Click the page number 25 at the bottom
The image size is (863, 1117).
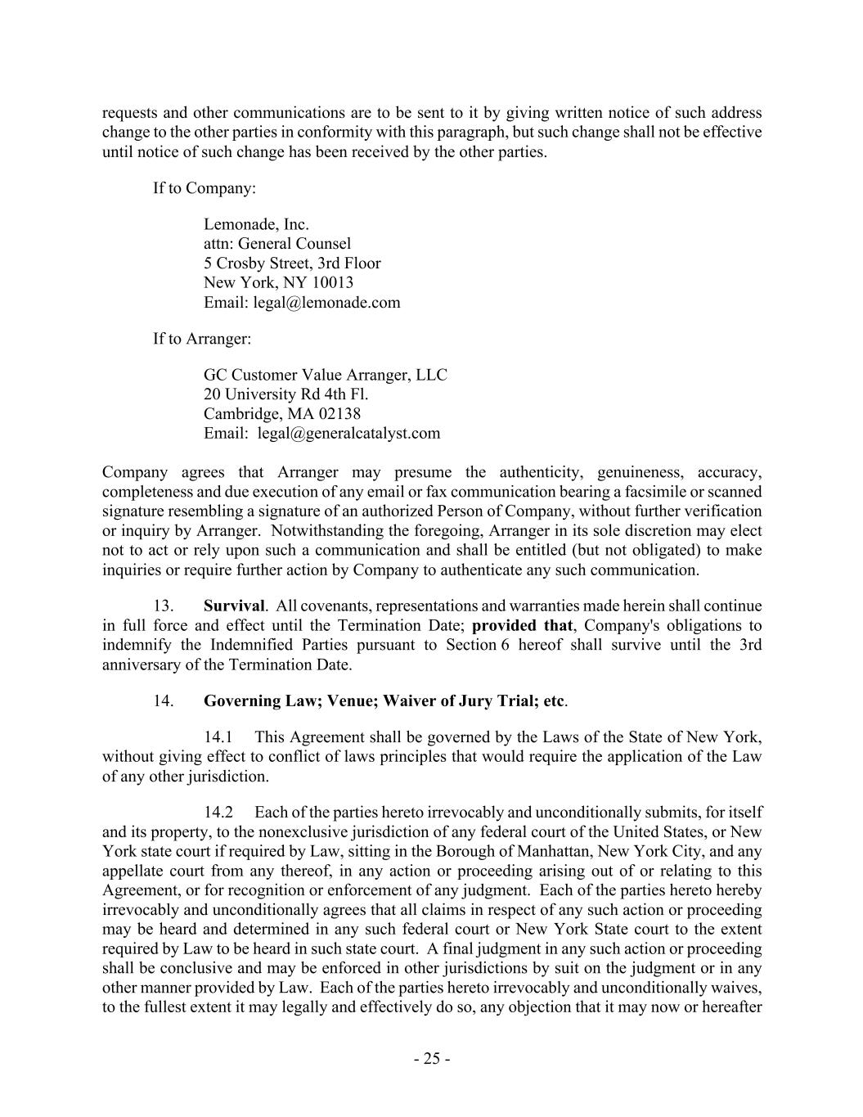(431, 1059)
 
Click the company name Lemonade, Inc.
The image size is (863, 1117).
(256, 224)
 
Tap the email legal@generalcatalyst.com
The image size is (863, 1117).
(348, 434)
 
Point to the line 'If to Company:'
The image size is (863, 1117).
(205, 188)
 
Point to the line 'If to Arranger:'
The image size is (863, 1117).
(202, 339)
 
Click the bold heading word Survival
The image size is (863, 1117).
(234, 606)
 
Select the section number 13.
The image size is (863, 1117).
(163, 606)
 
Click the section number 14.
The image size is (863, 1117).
(163, 701)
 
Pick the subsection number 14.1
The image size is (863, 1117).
(218, 737)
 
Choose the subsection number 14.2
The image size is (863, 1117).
(218, 813)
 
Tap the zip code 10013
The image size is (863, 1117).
(334, 283)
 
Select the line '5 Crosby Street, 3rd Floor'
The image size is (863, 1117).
(292, 263)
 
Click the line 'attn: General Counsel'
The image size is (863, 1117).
(277, 244)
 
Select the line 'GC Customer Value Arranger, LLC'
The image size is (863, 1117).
(326, 375)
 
